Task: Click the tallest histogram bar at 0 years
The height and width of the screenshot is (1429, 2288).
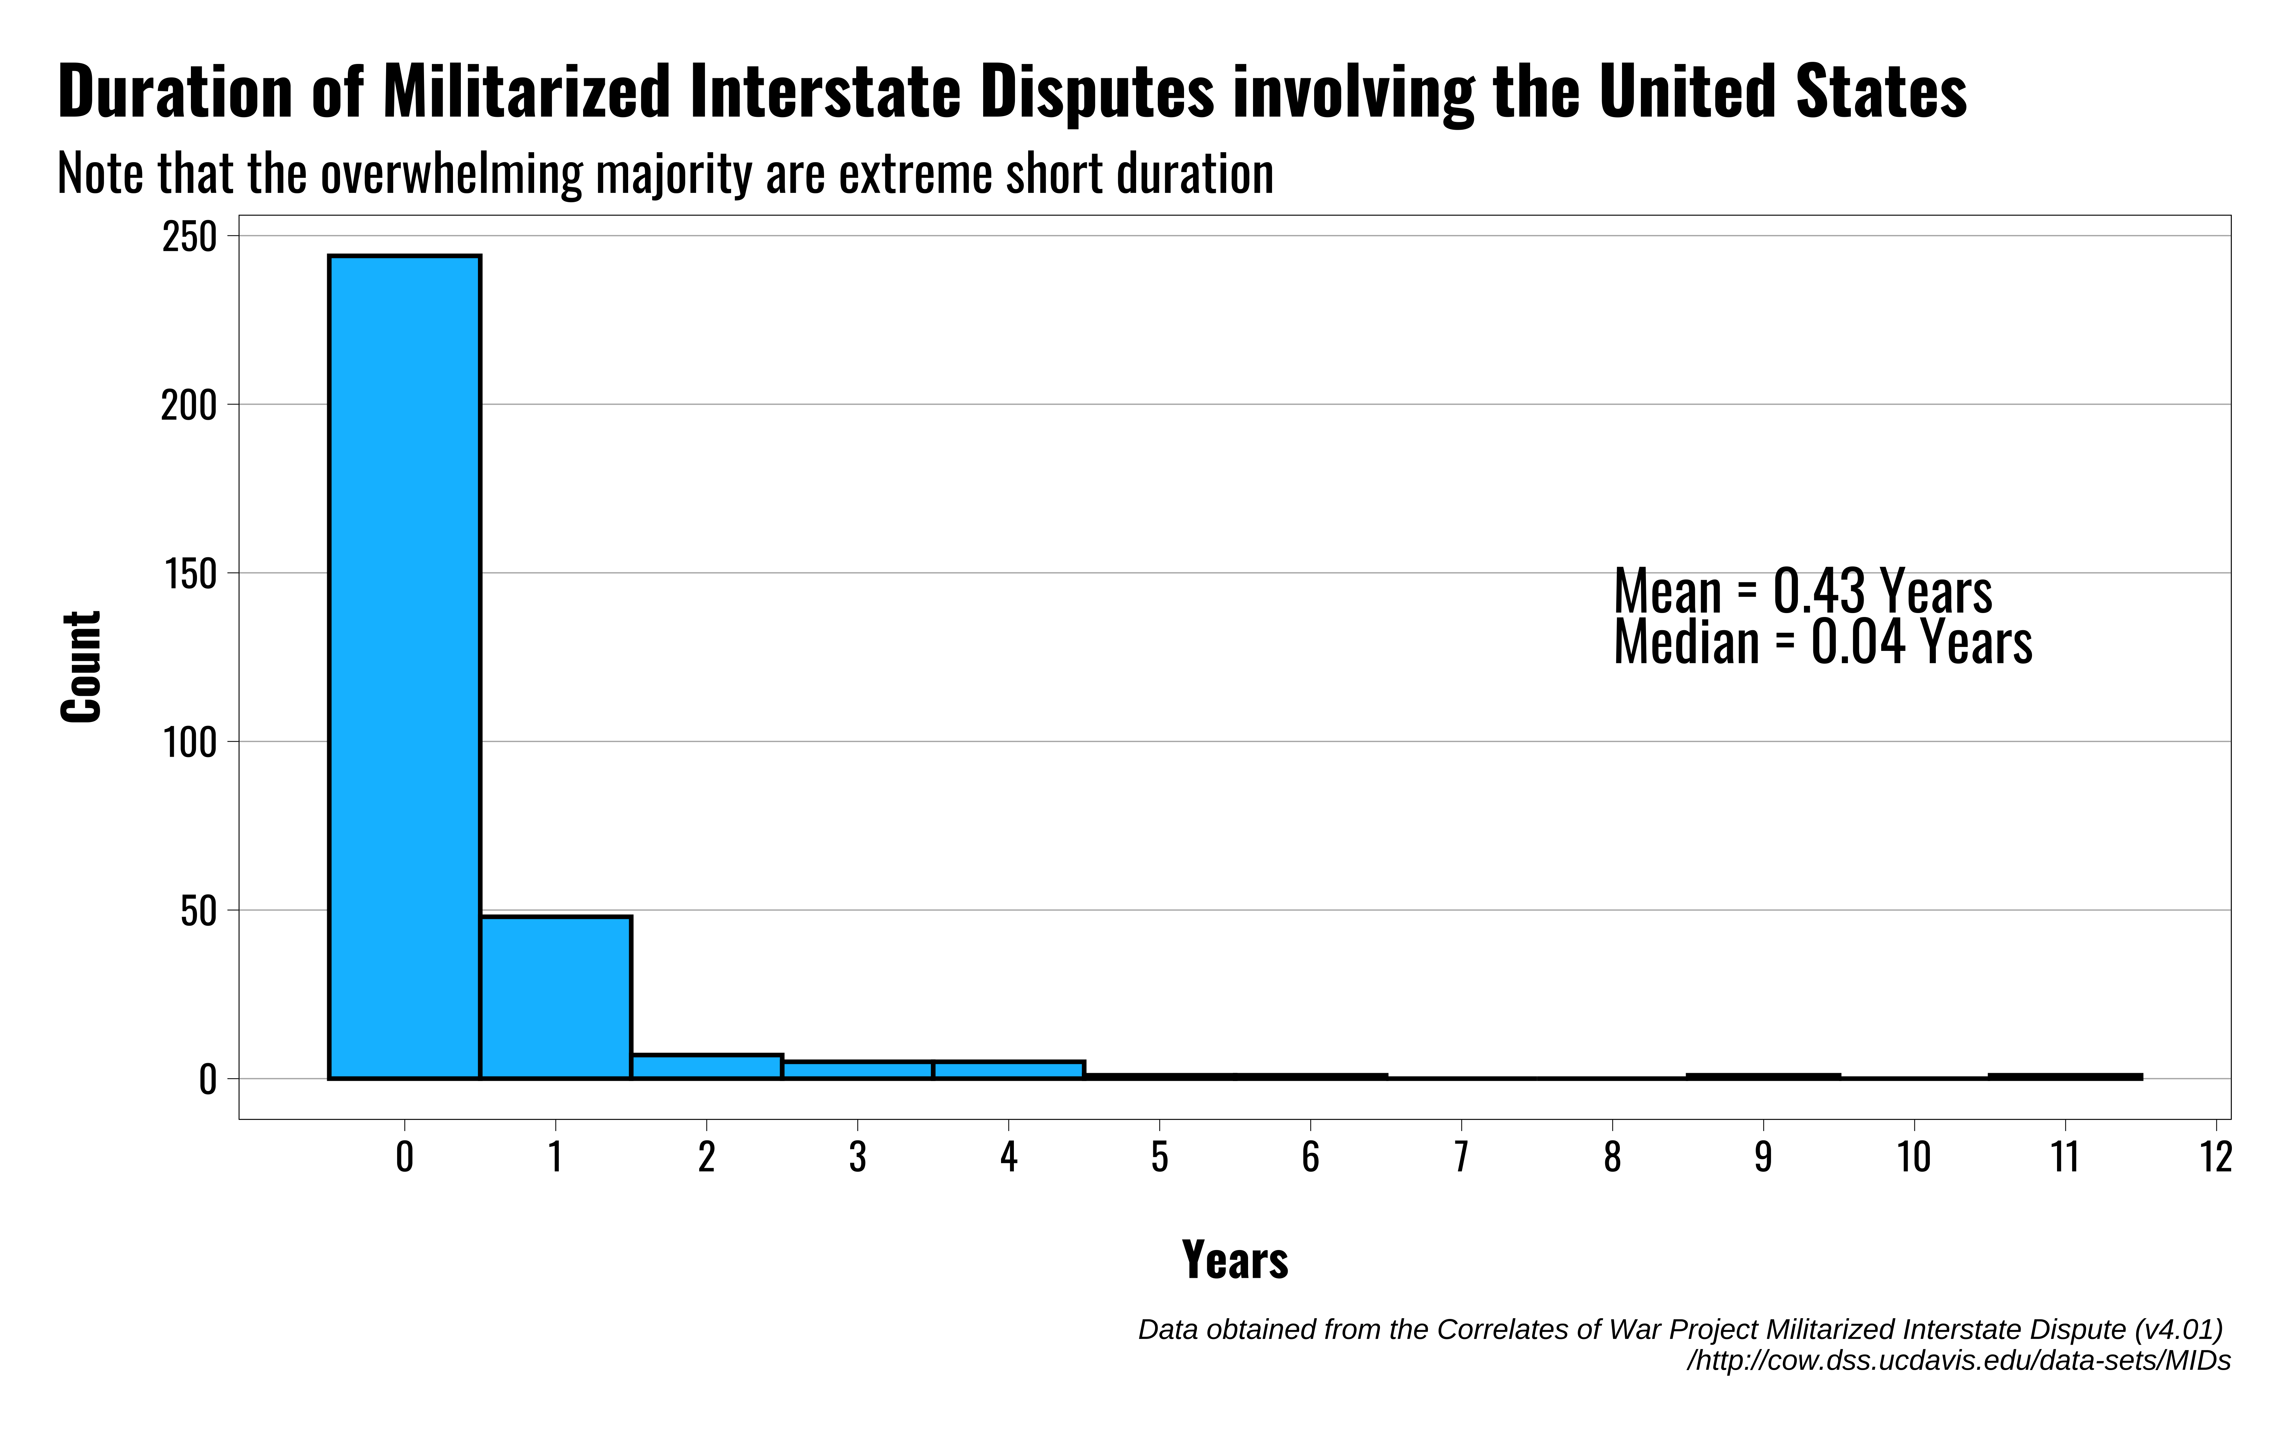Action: click(404, 666)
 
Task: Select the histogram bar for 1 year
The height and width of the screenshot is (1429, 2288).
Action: click(555, 997)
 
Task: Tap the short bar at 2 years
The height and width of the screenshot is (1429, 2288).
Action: click(706, 1066)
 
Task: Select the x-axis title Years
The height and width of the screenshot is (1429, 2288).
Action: click(1235, 1260)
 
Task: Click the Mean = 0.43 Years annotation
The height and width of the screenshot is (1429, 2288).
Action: click(1802, 592)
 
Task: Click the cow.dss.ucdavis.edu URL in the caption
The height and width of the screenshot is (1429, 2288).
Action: click(1959, 1361)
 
